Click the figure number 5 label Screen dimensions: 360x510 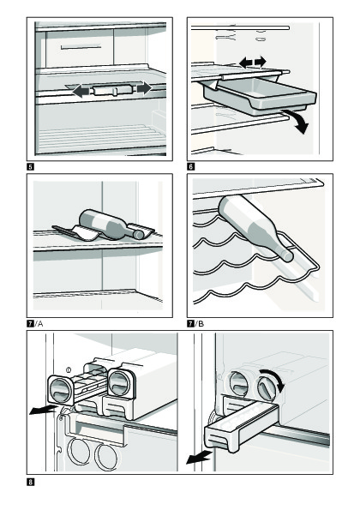(30, 167)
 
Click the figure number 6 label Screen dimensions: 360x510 (191, 167)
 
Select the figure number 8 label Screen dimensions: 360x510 (30, 482)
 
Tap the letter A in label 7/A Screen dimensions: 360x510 (40, 324)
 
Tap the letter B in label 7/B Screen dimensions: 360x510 (201, 324)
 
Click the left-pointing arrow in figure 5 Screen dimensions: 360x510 (81, 91)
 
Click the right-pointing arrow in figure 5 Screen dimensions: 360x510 (144, 88)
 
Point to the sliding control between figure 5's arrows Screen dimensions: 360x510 (113, 89)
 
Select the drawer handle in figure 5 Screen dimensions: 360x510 (81, 47)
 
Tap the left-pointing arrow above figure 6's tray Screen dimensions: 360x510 (246, 62)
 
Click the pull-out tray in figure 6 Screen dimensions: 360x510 (260, 96)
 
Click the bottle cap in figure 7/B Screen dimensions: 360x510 (287, 255)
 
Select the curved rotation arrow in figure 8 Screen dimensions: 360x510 (275, 377)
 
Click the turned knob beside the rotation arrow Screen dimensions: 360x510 (267, 388)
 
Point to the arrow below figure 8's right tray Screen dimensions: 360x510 (199, 458)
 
